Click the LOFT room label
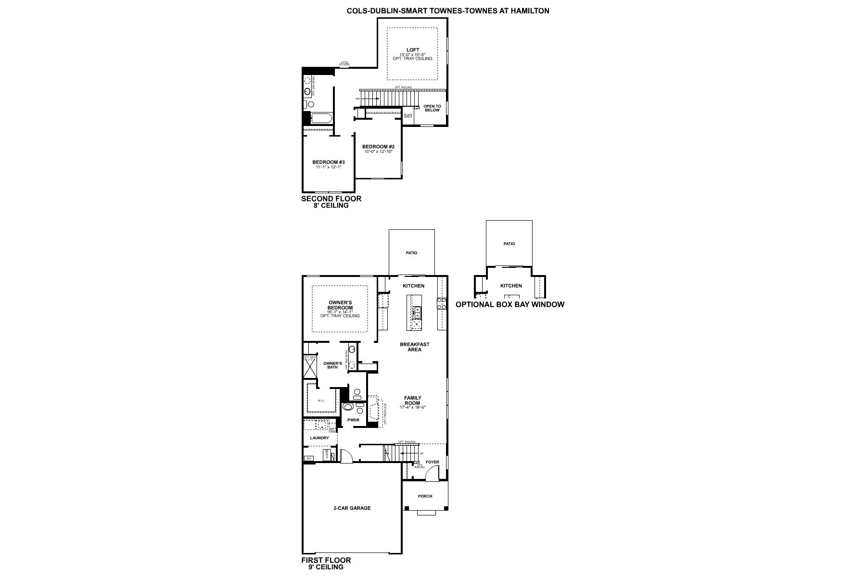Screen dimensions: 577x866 [412, 50]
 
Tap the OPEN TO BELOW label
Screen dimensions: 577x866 [432, 108]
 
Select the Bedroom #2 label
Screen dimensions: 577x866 [378, 147]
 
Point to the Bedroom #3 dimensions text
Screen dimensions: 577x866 [328, 167]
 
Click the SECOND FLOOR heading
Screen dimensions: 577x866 [331, 199]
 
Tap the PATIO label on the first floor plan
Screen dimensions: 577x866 [411, 253]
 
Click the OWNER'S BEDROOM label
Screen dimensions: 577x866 [340, 305]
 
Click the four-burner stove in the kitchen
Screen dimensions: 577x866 [441, 303]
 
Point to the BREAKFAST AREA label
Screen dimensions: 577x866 [414, 347]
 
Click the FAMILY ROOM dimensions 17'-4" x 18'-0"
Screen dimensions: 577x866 [412, 407]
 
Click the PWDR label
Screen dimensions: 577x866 [353, 420]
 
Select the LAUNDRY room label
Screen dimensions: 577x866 [319, 438]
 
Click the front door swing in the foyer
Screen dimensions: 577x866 [432, 474]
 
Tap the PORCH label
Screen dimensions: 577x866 [425, 496]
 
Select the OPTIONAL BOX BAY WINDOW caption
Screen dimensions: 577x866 [509, 304]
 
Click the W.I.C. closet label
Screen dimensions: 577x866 [321, 401]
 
